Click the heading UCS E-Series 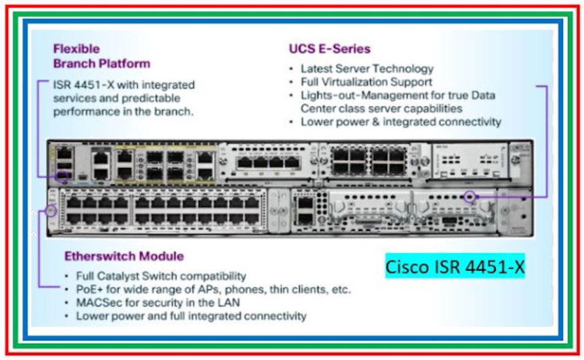[329, 48]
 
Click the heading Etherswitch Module [124, 256]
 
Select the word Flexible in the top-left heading [76, 48]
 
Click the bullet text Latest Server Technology [367, 69]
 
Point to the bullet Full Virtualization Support [366, 82]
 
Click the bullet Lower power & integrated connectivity [401, 121]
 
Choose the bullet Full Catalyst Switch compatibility [161, 276]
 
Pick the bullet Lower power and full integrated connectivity [191, 316]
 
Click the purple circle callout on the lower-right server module [470, 197]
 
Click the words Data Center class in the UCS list [339, 109]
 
